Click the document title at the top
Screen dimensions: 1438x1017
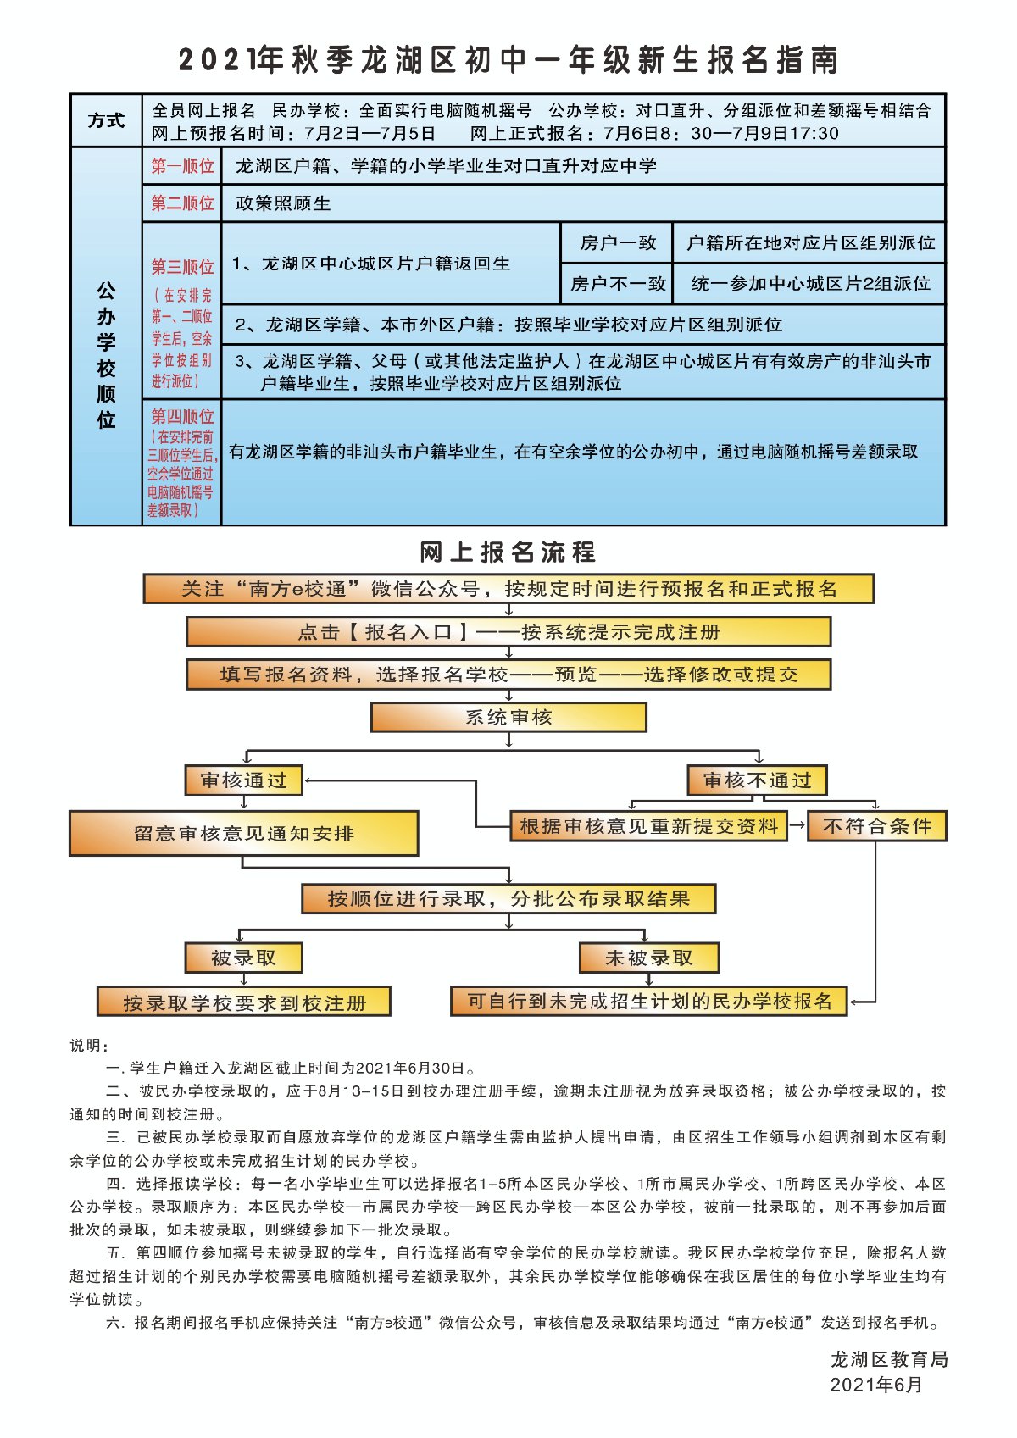pyautogui.click(x=508, y=60)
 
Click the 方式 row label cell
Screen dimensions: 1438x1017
pyautogui.click(x=106, y=120)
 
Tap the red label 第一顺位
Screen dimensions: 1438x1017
pyautogui.click(x=182, y=166)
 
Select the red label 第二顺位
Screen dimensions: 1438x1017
pyautogui.click(x=182, y=203)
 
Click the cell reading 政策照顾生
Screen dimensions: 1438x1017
pyautogui.click(x=283, y=203)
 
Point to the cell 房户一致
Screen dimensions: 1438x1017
pyautogui.click(x=617, y=243)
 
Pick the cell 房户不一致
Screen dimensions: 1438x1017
pyautogui.click(x=617, y=284)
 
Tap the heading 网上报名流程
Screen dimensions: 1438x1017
pyautogui.click(x=508, y=552)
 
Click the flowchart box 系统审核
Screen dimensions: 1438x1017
pyautogui.click(x=508, y=718)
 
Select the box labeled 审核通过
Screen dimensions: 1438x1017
pyautogui.click(x=244, y=780)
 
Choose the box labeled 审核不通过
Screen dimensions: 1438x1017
pyautogui.click(x=757, y=780)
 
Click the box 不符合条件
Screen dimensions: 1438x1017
pyautogui.click(x=876, y=826)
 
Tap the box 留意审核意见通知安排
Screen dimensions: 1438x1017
pyautogui.click(x=244, y=834)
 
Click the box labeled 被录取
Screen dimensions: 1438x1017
pyautogui.click(x=244, y=958)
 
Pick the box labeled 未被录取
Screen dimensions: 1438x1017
pyautogui.click(x=649, y=958)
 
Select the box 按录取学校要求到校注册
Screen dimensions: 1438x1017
pyautogui.click(x=244, y=1002)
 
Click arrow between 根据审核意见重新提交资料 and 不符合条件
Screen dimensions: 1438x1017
pyautogui.click(x=797, y=825)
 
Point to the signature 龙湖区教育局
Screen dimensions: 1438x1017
pyautogui.click(x=888, y=1360)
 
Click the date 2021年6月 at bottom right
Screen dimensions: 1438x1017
pyautogui.click(x=876, y=1385)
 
